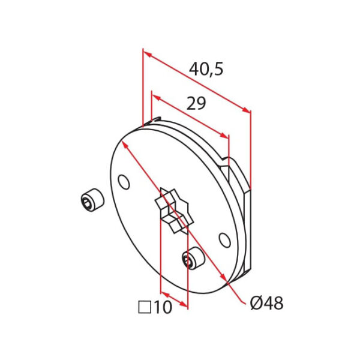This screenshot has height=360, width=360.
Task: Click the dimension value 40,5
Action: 206,69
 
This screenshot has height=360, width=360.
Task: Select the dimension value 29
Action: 196,104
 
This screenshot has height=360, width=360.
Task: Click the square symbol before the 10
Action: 144,308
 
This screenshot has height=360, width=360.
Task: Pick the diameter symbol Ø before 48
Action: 255,304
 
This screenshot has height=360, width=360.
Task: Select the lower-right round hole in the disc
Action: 224,240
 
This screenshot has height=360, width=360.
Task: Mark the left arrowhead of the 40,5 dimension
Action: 146,52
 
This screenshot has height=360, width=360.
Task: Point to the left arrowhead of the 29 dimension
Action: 155,95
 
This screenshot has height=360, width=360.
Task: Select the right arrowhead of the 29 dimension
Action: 226,136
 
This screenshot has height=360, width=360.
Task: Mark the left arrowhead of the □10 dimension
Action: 163,295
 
